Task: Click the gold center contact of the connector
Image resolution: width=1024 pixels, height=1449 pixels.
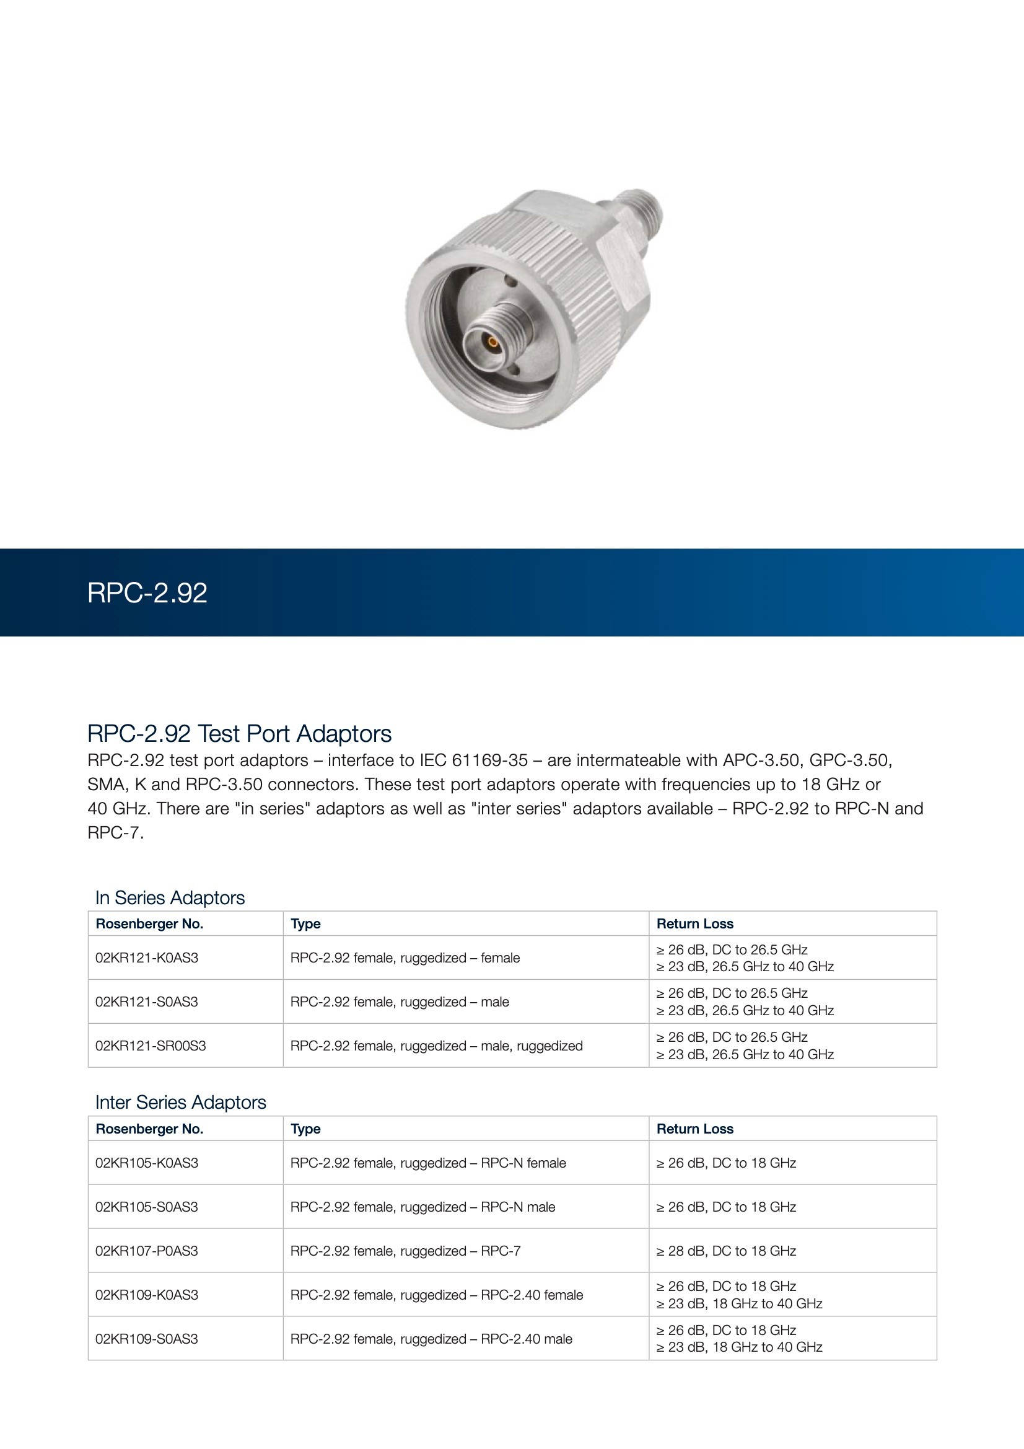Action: tap(492, 344)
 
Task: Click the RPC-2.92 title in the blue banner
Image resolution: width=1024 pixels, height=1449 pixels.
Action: tap(147, 592)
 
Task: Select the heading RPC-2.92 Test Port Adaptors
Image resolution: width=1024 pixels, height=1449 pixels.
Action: tap(239, 733)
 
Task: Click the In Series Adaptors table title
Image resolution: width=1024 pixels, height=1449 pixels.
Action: tap(170, 897)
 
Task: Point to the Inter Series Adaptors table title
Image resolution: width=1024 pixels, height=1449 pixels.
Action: tap(180, 1102)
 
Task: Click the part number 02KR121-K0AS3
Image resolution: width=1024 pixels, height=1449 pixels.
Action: tap(146, 958)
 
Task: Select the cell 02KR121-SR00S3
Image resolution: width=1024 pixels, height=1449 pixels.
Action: tap(150, 1046)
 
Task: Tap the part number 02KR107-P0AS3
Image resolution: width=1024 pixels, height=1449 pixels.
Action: tap(146, 1251)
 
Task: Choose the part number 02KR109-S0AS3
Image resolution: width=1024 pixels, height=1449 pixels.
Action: tap(146, 1339)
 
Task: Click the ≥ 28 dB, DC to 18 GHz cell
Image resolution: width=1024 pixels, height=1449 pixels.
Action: tap(726, 1251)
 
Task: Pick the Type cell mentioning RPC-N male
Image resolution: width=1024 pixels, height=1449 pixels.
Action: tap(422, 1207)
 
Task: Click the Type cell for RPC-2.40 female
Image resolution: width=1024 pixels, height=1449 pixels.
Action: tap(437, 1295)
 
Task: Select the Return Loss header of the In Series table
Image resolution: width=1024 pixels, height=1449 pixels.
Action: tap(694, 923)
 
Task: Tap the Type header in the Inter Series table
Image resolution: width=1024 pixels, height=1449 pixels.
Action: tap(305, 1129)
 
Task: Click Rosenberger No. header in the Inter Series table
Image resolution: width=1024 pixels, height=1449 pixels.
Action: tap(149, 1129)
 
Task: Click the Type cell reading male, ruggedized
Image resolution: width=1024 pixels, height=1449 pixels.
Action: tap(436, 1046)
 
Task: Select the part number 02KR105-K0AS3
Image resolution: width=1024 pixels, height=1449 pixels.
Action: tap(146, 1163)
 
